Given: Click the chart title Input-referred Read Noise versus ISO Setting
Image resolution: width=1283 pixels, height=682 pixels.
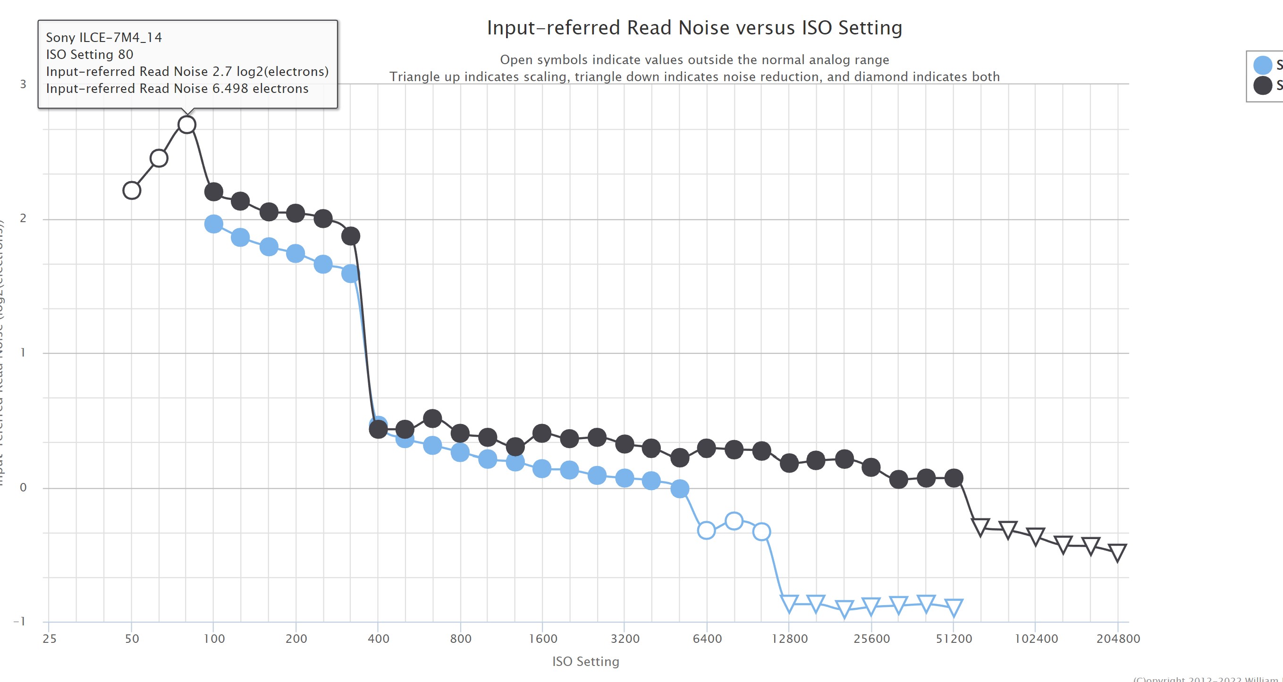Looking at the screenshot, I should coord(694,28).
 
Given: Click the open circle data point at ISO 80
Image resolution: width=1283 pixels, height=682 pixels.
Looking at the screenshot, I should coord(187,125).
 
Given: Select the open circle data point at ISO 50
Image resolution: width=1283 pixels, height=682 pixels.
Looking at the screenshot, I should coord(132,190).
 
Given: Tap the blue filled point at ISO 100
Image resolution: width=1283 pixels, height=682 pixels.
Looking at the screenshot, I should coord(214,224).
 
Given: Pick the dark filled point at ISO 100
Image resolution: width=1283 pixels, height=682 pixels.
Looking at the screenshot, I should coord(214,191).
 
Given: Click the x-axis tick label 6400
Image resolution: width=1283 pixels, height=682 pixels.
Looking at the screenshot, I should coord(707,639).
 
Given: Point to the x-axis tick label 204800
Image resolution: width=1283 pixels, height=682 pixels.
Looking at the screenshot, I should coord(1118,639).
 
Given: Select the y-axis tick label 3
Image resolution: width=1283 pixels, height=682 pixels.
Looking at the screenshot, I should coord(23,84).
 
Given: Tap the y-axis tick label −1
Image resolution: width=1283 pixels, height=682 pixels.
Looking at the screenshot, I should coord(19,621).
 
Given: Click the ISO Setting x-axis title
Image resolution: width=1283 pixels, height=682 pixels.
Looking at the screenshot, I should coord(586,662).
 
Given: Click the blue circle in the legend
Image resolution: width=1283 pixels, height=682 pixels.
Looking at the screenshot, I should coord(1263,65).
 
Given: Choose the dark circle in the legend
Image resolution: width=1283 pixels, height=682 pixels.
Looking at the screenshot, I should coord(1263,85).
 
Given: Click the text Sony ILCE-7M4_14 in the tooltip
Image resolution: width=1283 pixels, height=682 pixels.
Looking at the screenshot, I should coord(103,37).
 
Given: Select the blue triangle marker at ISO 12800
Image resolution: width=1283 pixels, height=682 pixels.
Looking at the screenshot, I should coord(789,603).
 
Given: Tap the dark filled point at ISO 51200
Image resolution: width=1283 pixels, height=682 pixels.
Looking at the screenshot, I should coord(954,478).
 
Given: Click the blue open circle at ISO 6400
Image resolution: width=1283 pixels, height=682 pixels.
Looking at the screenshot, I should coord(706,530).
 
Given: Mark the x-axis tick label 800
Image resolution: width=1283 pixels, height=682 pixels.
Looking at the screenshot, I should coord(460,639).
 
